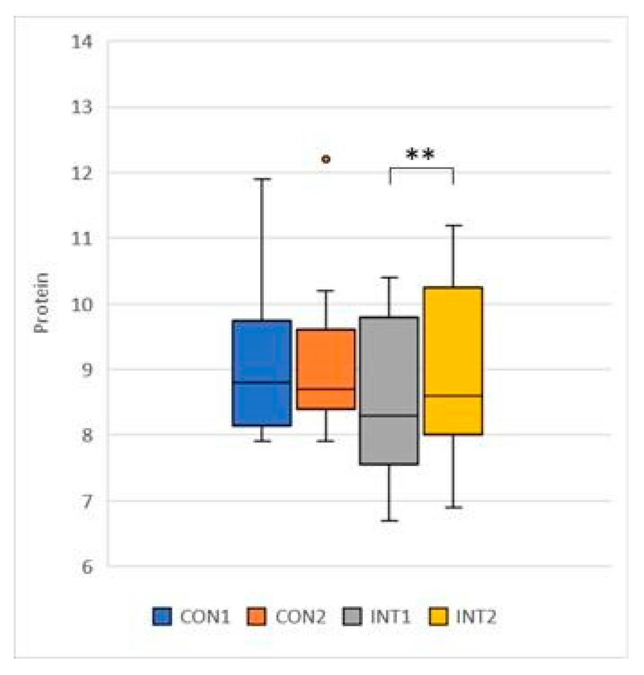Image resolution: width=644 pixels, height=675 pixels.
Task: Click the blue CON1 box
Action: [262, 372]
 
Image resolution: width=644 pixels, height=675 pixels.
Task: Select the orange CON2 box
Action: [326, 369]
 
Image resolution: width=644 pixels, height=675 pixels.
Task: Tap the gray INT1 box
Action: [389, 391]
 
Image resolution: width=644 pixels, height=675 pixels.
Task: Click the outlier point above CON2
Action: [326, 159]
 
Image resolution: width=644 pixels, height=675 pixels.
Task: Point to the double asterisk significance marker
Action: [420, 155]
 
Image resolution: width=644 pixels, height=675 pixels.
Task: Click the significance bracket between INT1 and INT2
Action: [421, 169]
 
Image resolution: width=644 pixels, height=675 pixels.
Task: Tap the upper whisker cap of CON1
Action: [262, 179]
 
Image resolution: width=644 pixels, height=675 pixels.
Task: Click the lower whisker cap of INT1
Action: [389, 520]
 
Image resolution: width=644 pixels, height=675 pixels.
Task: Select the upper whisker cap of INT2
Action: [453, 225]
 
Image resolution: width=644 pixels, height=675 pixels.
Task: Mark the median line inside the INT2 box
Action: [453, 395]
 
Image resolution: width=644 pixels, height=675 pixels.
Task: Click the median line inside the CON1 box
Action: [262, 382]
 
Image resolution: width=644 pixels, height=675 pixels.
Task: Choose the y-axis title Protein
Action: [41, 303]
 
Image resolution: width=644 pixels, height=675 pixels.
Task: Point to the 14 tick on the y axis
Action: [82, 42]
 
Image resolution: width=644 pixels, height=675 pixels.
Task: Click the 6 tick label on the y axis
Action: [86, 567]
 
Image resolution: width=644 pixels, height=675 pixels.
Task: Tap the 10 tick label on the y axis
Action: [82, 305]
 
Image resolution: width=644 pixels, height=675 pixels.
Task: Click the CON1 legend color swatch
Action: [162, 616]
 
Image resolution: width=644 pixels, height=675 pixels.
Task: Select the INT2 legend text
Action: [476, 616]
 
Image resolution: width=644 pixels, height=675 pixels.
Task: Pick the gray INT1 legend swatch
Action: [353, 616]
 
